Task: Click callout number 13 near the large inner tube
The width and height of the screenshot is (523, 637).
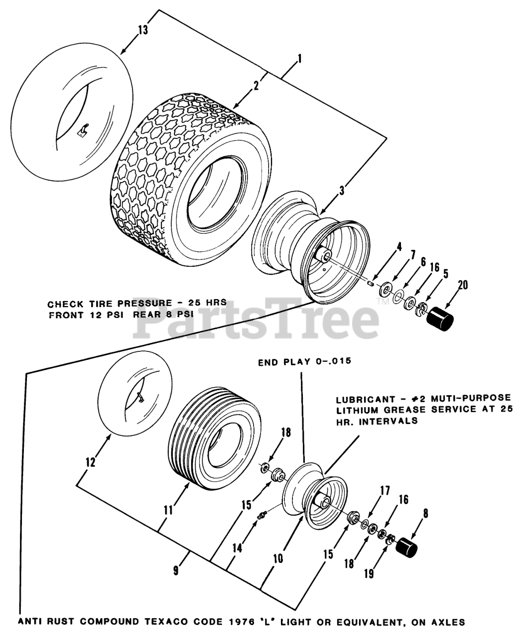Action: click(x=142, y=30)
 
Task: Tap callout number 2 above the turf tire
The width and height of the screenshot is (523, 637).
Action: click(x=256, y=85)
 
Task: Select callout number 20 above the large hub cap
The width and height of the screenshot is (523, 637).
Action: click(x=463, y=285)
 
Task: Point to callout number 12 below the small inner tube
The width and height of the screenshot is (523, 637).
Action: click(x=90, y=462)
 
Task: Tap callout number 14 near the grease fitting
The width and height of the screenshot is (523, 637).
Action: click(x=238, y=547)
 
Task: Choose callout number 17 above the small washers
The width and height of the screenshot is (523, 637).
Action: click(x=385, y=491)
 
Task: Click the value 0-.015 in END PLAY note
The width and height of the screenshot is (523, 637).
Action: click(x=333, y=362)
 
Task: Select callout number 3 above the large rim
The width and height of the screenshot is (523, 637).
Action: click(x=342, y=190)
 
